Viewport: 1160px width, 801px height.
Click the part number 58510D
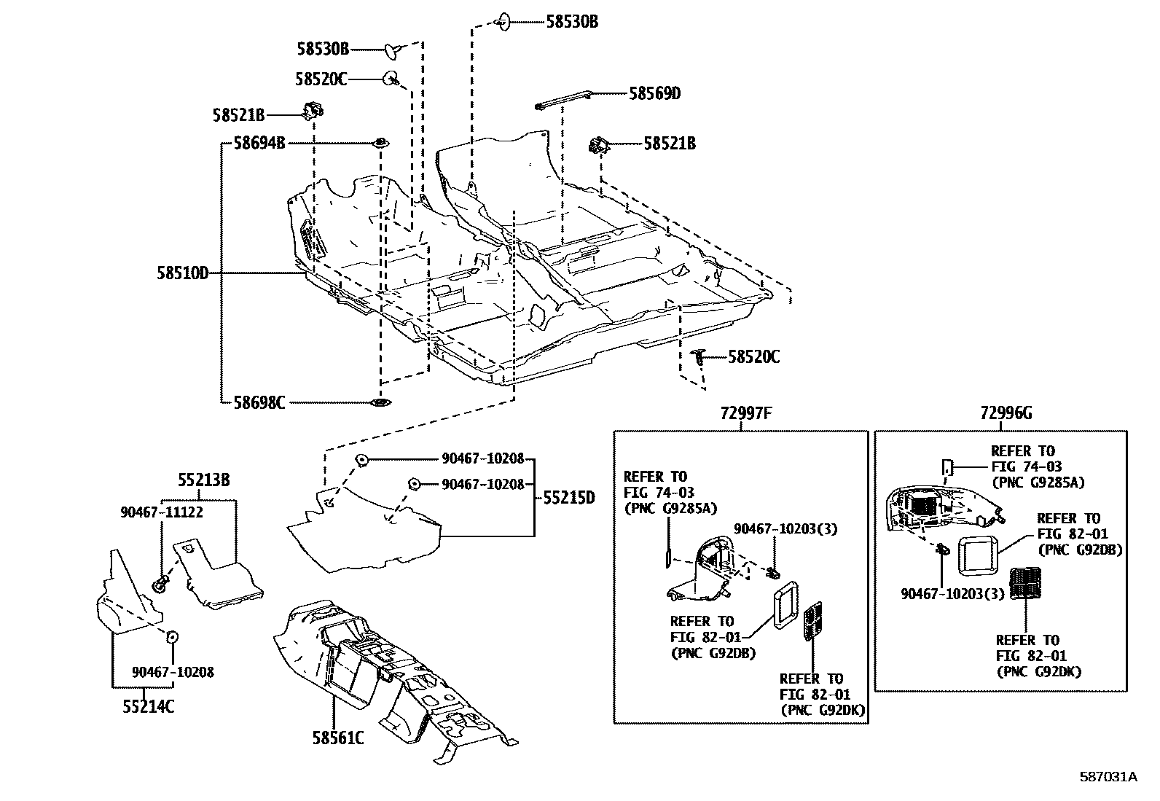click(x=182, y=273)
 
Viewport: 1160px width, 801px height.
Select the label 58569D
click(x=654, y=93)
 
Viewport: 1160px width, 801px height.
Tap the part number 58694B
click(x=259, y=143)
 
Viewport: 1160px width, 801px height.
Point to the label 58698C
click(x=259, y=402)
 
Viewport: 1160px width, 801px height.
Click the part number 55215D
click(x=568, y=498)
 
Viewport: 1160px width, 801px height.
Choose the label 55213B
click(x=204, y=480)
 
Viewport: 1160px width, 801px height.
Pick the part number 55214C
click(x=148, y=706)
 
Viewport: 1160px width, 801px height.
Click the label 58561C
click(x=338, y=738)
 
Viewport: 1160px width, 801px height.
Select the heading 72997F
click(x=745, y=413)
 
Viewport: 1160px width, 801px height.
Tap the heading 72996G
click(x=1006, y=413)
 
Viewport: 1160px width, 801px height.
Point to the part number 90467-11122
click(x=162, y=512)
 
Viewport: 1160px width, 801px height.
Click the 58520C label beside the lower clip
click(x=754, y=357)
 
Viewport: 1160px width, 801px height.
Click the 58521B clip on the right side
click(x=599, y=145)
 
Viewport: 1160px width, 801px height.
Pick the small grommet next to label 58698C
click(x=380, y=402)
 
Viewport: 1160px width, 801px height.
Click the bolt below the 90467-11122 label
click(x=160, y=582)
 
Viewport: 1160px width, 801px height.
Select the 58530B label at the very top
click(x=572, y=22)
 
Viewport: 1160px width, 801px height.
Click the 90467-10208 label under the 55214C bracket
click(x=173, y=672)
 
